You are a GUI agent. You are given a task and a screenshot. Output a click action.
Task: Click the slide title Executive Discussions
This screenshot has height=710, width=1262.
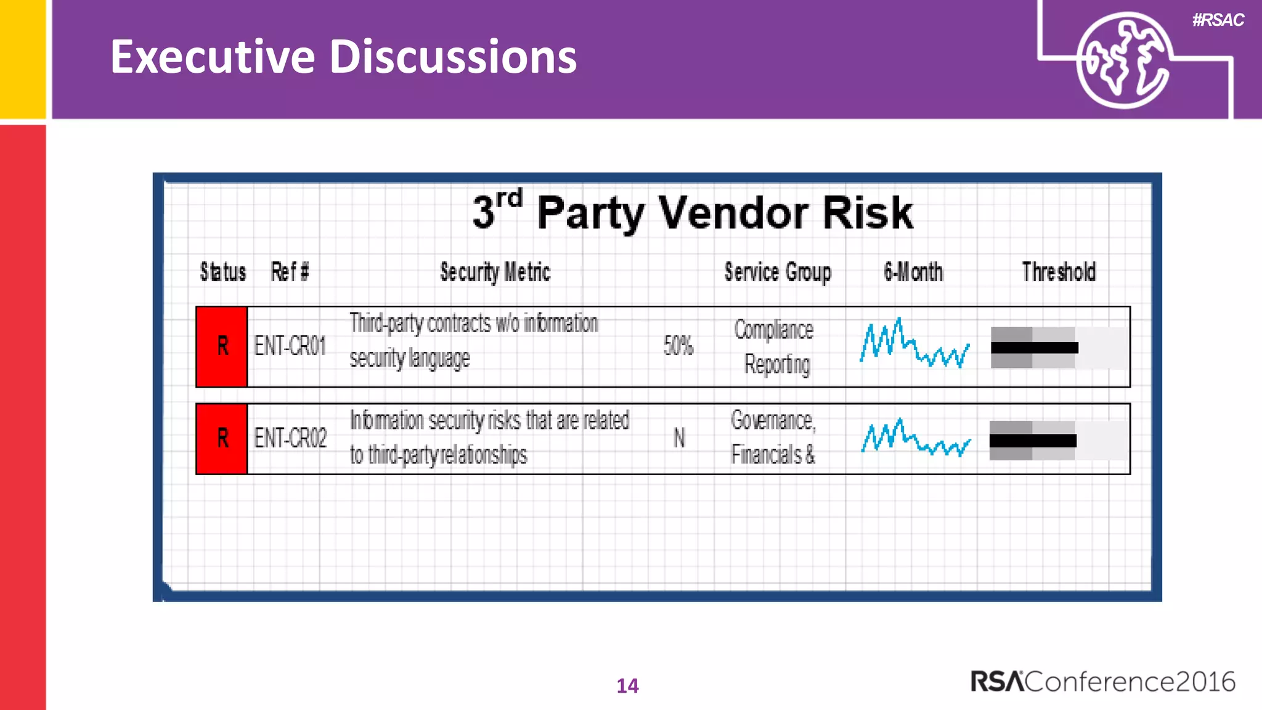(x=343, y=57)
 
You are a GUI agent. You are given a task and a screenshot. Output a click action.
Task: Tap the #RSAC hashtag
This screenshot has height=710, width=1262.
(x=1218, y=20)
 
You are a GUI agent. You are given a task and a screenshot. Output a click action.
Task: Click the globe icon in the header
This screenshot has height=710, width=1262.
(x=1123, y=60)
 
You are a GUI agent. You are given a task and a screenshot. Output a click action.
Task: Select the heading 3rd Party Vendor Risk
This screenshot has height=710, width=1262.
(x=693, y=212)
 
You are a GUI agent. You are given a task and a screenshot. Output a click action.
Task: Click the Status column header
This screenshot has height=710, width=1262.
(x=222, y=272)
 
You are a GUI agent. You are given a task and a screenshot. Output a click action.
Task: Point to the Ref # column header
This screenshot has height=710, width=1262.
(x=290, y=272)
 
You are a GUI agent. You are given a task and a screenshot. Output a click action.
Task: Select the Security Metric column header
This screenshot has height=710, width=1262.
(x=495, y=272)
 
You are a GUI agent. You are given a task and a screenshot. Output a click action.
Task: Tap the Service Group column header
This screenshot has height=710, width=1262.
(x=778, y=272)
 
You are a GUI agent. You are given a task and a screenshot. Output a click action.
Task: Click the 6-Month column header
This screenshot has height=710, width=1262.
(x=913, y=272)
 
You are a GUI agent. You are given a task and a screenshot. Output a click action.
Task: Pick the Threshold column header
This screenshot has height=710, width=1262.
(x=1059, y=272)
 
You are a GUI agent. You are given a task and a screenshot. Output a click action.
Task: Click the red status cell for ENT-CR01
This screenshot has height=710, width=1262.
(x=222, y=346)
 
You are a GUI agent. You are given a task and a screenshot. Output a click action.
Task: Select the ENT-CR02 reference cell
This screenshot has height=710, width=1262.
(x=290, y=438)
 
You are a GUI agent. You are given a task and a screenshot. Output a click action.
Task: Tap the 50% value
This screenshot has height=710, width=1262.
(x=678, y=346)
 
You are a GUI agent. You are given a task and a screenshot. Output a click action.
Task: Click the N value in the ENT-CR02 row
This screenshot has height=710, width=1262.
(x=679, y=438)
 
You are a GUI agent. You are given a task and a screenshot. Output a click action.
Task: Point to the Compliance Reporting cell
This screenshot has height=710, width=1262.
(x=775, y=346)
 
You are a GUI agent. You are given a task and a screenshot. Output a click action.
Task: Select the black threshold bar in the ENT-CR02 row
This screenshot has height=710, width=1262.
(x=1033, y=441)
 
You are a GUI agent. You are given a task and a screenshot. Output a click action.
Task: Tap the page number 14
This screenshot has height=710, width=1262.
(x=627, y=686)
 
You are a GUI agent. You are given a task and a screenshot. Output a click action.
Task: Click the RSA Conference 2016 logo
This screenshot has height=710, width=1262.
(x=1102, y=682)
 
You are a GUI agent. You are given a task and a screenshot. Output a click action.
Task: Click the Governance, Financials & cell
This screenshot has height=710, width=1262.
(x=773, y=438)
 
